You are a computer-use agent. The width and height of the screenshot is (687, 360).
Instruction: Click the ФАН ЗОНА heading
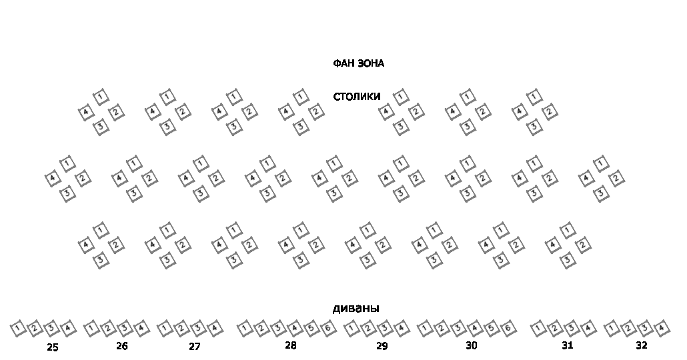pos(358,64)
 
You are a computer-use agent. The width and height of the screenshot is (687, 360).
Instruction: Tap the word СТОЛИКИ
pos(357,97)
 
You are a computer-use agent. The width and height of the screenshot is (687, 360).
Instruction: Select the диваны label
pos(356,309)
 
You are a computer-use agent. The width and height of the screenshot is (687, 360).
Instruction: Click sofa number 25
pos(53,347)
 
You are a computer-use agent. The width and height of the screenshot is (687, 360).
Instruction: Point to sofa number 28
pos(290,345)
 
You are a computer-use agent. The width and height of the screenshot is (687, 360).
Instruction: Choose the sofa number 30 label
pos(472,345)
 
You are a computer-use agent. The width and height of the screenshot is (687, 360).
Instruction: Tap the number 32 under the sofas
pos(641,345)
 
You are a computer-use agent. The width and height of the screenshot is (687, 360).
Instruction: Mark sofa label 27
pos(194,347)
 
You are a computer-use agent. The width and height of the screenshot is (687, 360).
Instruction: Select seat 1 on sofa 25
pos(19,328)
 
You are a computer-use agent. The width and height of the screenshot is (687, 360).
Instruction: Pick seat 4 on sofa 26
pos(141,328)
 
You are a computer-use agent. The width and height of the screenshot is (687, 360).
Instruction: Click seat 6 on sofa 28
pos(327,328)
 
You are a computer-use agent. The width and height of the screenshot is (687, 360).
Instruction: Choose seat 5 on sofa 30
pos(491,328)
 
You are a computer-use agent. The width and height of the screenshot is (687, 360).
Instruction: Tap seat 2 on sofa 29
pos(368,328)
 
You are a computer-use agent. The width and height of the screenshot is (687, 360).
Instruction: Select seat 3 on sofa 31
pos(571,328)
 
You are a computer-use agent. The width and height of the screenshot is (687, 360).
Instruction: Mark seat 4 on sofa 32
pos(661,328)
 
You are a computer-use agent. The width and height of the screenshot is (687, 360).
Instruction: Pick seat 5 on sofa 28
pos(311,328)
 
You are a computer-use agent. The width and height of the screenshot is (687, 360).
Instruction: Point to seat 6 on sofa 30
pos(508,328)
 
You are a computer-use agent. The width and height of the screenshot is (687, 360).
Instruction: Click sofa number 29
pos(382,346)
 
